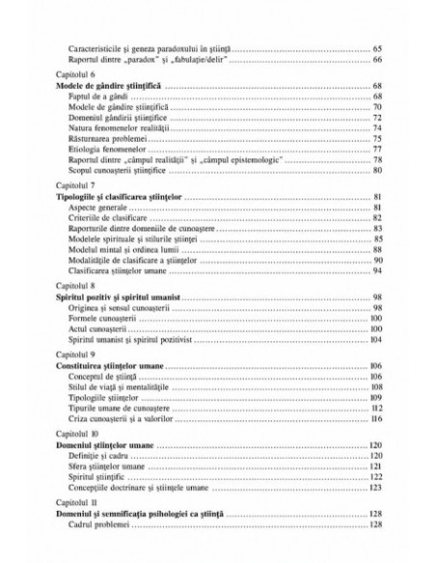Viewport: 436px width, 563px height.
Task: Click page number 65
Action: point(378,47)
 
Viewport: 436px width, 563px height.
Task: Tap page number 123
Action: point(378,489)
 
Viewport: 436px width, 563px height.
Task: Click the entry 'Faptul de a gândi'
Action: point(100,96)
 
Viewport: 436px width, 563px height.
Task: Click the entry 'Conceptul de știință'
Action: point(107,379)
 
